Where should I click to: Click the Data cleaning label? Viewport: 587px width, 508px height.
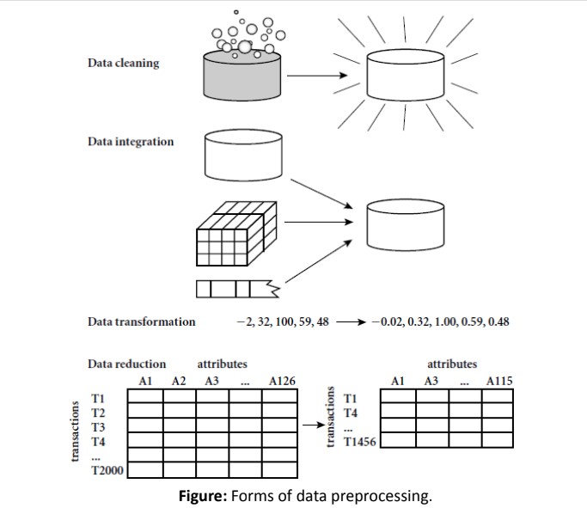(x=123, y=64)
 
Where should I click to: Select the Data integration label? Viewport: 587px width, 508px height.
(x=131, y=141)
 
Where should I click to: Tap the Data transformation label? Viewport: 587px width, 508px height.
(x=142, y=321)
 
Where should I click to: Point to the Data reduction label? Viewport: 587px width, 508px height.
(x=127, y=364)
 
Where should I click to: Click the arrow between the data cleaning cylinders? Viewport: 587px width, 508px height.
(x=320, y=75)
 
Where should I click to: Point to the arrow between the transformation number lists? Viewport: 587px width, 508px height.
(x=352, y=322)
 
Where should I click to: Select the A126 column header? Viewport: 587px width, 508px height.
(x=283, y=380)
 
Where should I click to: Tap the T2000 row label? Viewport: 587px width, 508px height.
(x=107, y=469)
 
